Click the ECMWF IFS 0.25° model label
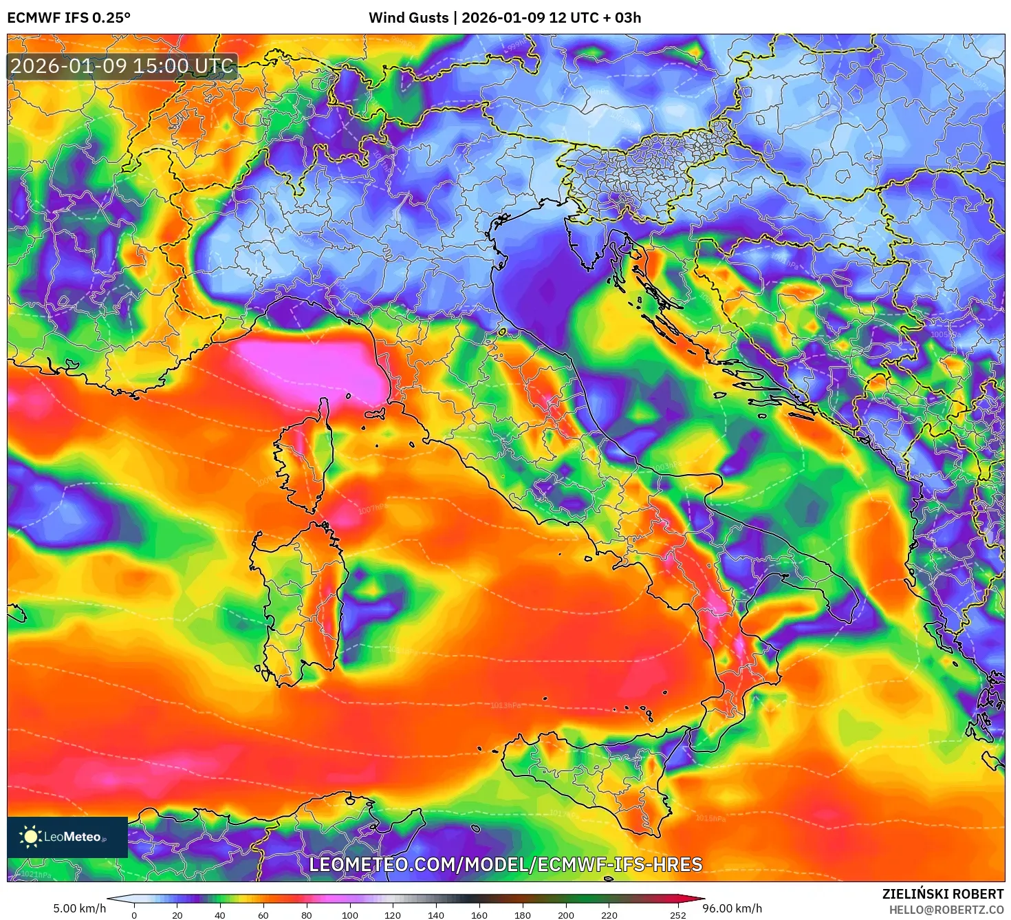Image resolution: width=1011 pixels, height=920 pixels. tap(69, 18)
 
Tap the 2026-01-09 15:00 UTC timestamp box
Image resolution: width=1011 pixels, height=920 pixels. tap(122, 66)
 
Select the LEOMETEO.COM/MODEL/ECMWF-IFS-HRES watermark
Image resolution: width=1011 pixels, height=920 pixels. tap(505, 864)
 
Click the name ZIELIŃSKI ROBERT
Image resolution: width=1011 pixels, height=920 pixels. tap(943, 894)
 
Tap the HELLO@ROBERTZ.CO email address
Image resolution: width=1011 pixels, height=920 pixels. tap(946, 910)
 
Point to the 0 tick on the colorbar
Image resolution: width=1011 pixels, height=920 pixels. tap(134, 915)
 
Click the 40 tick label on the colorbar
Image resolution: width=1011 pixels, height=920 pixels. tap(220, 915)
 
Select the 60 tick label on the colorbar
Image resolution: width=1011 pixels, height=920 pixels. tap(263, 915)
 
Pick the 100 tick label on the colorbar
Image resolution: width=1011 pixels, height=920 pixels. tap(350, 915)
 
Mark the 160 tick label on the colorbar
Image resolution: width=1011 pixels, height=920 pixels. tap(479, 915)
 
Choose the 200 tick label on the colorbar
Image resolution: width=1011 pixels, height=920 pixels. tap(566, 915)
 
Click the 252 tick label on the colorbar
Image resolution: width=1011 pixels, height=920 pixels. tap(678, 915)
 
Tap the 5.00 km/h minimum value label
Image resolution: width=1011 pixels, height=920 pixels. tap(80, 908)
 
